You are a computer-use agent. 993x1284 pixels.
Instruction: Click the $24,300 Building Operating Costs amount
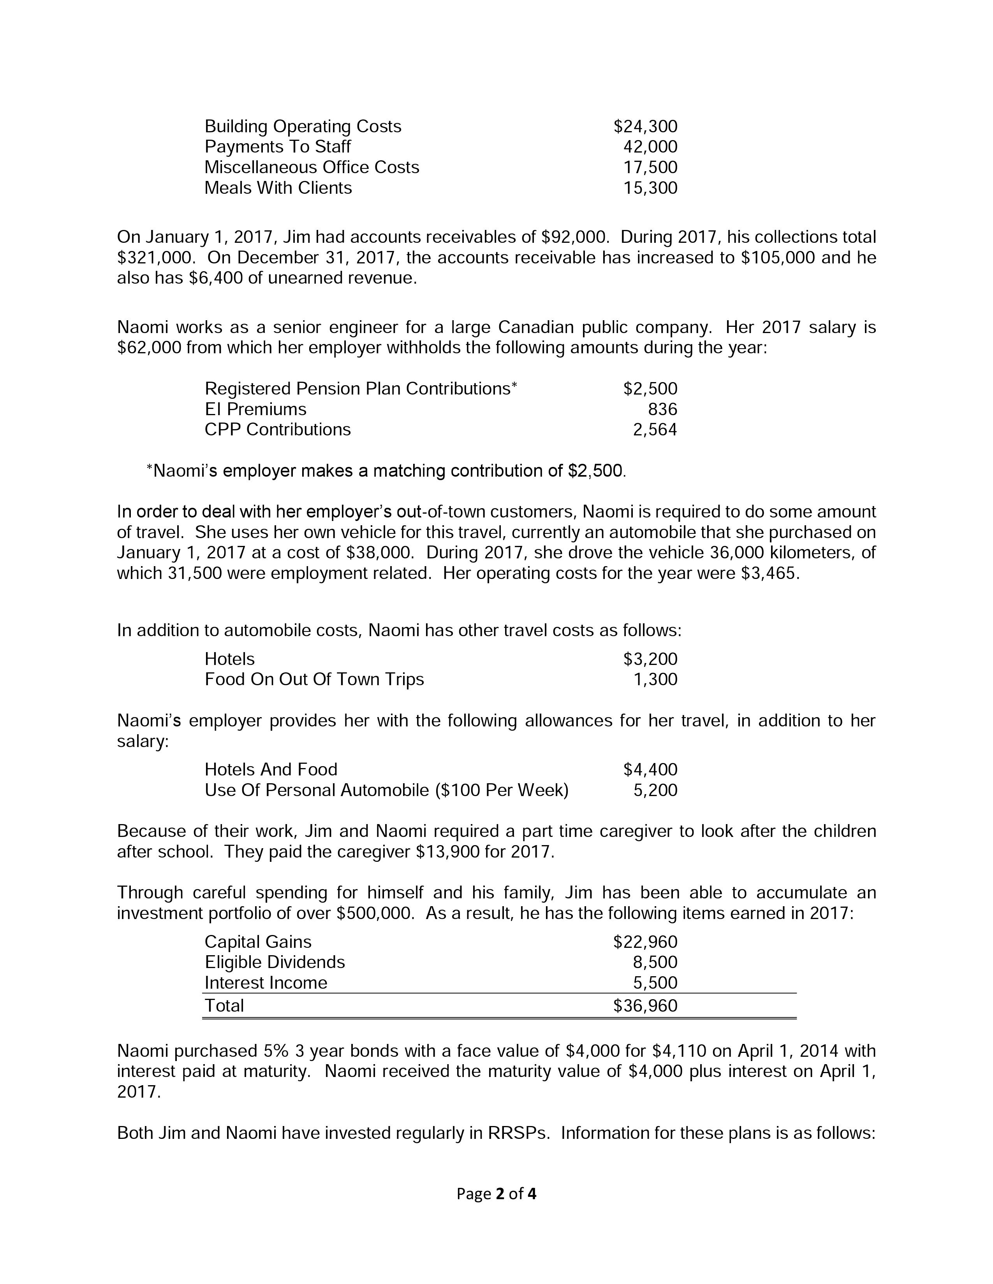point(645,126)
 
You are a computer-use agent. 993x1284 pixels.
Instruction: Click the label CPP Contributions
point(277,430)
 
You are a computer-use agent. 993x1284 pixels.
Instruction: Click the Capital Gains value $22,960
point(645,942)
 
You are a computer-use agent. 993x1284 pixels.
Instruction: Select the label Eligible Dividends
point(274,962)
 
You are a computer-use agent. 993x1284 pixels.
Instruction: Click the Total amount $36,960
point(645,1006)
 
